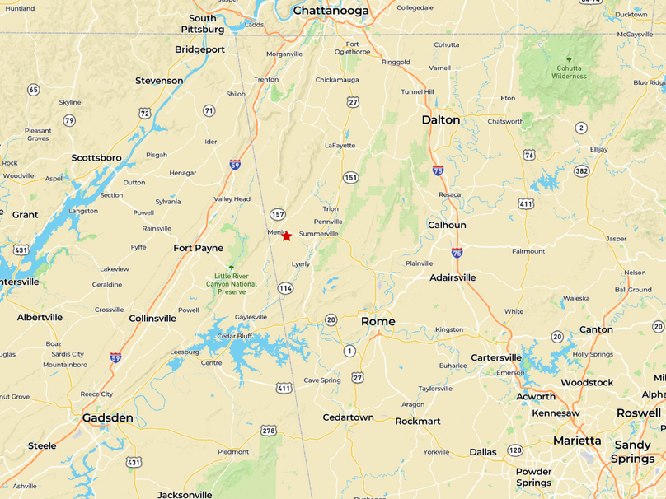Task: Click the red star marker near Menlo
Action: [x=286, y=236]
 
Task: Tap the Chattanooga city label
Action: [x=331, y=11]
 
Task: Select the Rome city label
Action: [x=378, y=321]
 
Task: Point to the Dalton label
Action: [x=440, y=119]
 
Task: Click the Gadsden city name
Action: [x=107, y=418]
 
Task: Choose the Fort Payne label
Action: [x=198, y=248]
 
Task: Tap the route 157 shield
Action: [x=277, y=214]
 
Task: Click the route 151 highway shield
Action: [x=351, y=177]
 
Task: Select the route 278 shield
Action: [x=269, y=431]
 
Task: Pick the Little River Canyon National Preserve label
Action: [x=231, y=284]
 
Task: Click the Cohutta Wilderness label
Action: [x=569, y=72]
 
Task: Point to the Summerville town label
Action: [x=318, y=234]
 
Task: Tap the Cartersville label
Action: [x=495, y=357]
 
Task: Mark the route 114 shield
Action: [x=285, y=288]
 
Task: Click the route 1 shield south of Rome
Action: [x=349, y=352]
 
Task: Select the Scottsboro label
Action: [x=96, y=157]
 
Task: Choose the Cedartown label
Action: [x=348, y=417]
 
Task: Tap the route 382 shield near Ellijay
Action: [x=582, y=171]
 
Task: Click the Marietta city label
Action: [x=577, y=441]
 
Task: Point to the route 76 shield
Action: [x=529, y=155]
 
